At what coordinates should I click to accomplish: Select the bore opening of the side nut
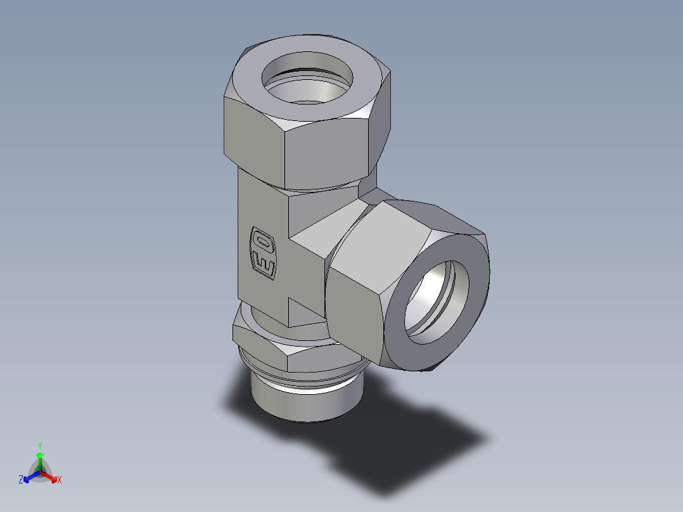[x=438, y=298]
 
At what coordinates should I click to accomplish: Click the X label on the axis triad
[x=60, y=480]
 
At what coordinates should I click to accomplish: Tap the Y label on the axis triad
[x=40, y=445]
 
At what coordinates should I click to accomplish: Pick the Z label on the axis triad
[x=21, y=480]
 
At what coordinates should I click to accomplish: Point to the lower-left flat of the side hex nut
[x=355, y=317]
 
